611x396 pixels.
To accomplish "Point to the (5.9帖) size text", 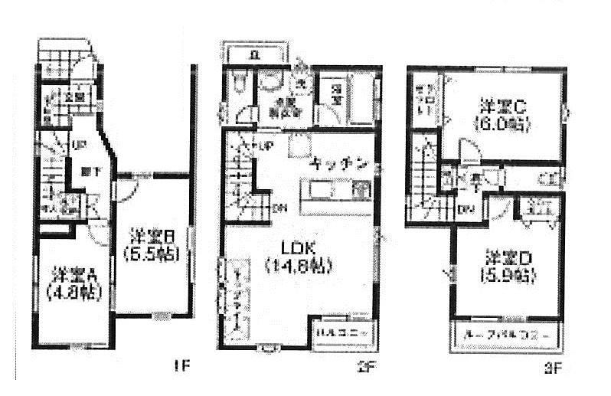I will coord(504,276).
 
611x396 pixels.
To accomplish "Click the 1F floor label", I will coord(179,366).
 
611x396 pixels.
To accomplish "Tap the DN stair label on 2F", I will coord(280,208).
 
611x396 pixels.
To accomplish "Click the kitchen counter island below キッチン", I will coord(335,190).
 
